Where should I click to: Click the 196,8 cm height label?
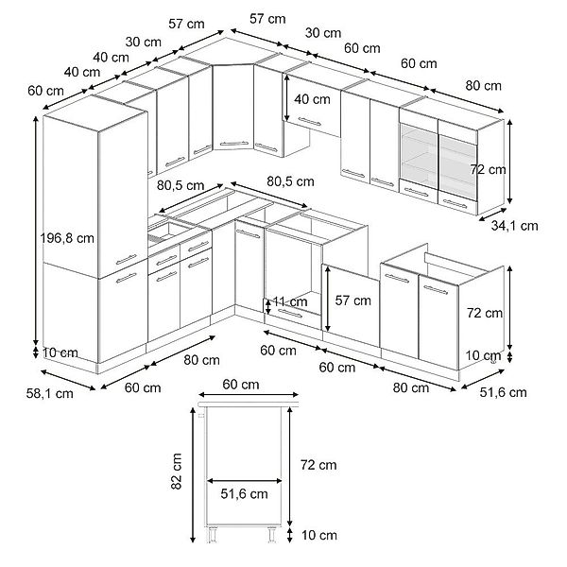coord(67,238)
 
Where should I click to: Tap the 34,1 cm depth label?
coord(515,226)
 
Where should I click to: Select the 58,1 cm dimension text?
coord(49,393)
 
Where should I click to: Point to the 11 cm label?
coord(290,301)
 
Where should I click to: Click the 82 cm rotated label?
coord(176,472)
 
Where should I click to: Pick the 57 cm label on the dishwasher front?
coord(352,301)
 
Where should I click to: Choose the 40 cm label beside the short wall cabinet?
coord(312,99)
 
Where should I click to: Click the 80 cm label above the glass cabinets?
coord(484,86)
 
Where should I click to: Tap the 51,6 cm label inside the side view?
coord(244,494)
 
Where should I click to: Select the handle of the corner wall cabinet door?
coord(234,144)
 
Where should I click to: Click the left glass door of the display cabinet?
coord(419,156)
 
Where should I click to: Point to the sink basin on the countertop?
coord(169,231)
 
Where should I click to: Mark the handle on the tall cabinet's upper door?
coord(127,259)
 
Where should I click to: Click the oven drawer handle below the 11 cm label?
coord(290,314)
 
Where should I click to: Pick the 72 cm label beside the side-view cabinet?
coord(318,465)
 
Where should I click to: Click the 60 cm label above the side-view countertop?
coord(241,385)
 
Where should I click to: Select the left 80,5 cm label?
coord(180,185)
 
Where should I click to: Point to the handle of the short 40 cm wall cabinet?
coord(310,122)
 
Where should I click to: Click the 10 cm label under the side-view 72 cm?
coord(319,535)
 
